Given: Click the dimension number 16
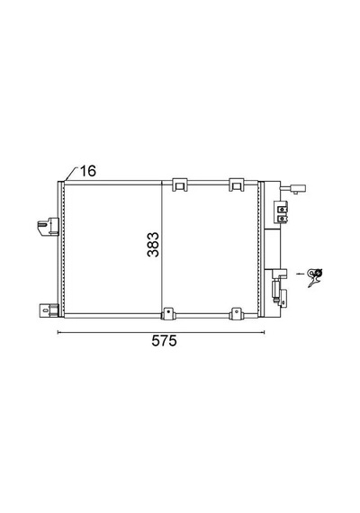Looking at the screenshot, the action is click(x=88, y=171).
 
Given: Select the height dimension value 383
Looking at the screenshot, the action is click(x=153, y=245).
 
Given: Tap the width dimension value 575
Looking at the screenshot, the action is click(x=164, y=340).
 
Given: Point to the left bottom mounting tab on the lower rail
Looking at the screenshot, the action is click(x=168, y=314).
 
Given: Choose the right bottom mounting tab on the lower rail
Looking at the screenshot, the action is click(x=236, y=314).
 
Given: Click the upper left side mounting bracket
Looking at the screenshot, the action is click(x=48, y=226).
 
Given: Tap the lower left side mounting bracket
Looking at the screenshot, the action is click(x=49, y=310).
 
